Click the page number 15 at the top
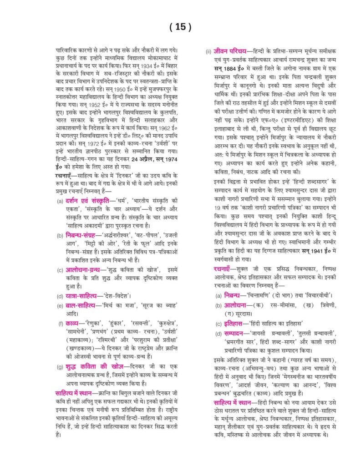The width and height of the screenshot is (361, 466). (180, 27)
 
